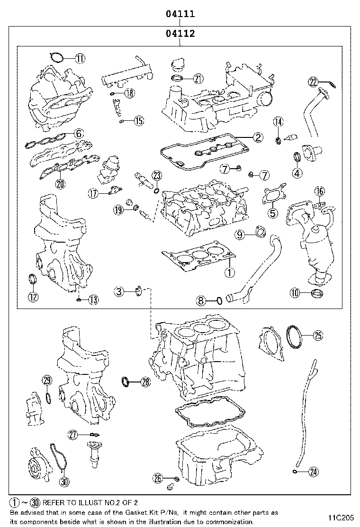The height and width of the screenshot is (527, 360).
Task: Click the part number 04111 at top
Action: [x=180, y=14]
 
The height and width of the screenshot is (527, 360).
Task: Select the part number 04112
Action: [x=180, y=34]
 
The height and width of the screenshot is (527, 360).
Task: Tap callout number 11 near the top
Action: [x=80, y=59]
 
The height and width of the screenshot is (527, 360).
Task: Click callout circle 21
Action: [x=198, y=79]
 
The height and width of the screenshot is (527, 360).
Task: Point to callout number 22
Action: [x=313, y=82]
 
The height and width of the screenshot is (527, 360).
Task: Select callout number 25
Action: [x=317, y=335]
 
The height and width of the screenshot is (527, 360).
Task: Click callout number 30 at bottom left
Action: [x=64, y=482]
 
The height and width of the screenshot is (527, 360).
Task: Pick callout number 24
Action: [x=313, y=471]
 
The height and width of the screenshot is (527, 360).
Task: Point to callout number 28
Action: [x=145, y=381]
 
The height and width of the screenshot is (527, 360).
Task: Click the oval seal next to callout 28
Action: [x=127, y=380]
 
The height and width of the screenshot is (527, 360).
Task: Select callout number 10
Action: [x=295, y=293]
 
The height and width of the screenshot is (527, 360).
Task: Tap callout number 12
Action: [x=33, y=297]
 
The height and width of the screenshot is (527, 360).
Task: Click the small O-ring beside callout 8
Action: [x=219, y=300]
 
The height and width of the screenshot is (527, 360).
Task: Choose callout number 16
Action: [x=320, y=191]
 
